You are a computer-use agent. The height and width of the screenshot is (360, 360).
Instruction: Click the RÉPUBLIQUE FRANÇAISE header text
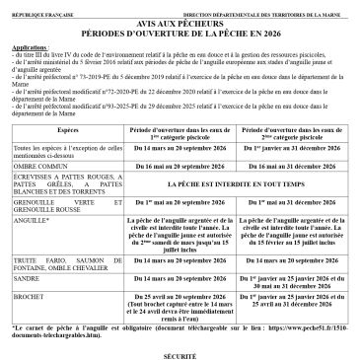tap(40, 9)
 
